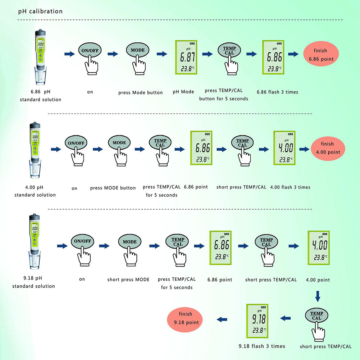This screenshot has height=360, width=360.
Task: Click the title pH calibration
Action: tap(40, 12)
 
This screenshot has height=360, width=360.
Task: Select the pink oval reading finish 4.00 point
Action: tap(328, 148)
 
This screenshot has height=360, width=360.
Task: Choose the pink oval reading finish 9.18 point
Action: tap(185, 318)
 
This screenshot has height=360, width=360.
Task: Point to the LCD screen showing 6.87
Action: tap(186, 57)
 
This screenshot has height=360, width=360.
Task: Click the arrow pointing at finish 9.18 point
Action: tap(222, 319)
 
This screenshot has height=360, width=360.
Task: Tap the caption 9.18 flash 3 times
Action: tap(262, 346)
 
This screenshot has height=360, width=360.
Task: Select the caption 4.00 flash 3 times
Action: tap(290, 187)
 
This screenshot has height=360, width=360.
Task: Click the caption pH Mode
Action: tap(183, 92)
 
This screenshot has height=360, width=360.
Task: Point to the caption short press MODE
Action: tap(128, 279)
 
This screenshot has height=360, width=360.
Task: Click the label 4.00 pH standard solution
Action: tap(35, 191)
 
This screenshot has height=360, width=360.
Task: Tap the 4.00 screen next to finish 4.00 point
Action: tap(284, 148)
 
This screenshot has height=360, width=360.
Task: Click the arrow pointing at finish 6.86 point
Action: tap(294, 54)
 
